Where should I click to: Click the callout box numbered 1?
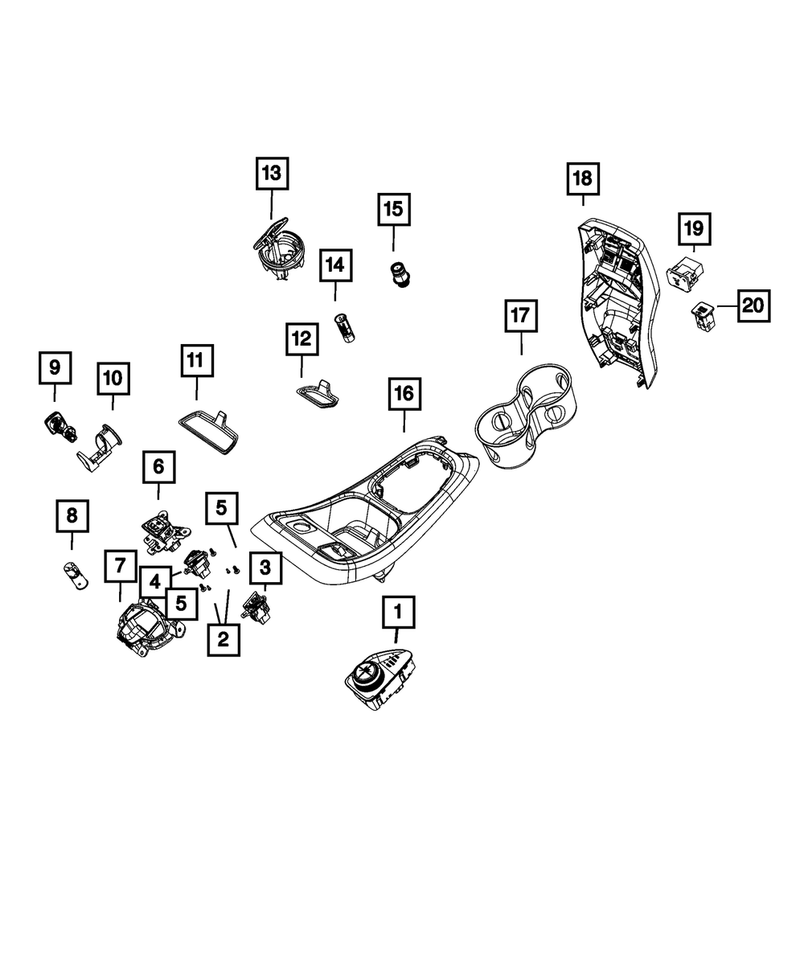pyautogui.click(x=397, y=613)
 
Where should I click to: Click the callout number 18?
pyautogui.click(x=582, y=178)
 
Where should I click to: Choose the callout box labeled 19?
pyautogui.click(x=693, y=229)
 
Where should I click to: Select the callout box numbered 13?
pyautogui.click(x=271, y=172)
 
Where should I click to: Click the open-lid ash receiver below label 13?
pyautogui.click(x=277, y=249)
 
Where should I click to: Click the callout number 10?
pyautogui.click(x=113, y=377)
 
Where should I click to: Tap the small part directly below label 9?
pyautogui.click(x=57, y=424)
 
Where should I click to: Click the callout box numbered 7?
pyautogui.click(x=121, y=566)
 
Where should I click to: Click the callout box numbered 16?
pyautogui.click(x=404, y=393)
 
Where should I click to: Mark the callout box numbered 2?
pyautogui.click(x=223, y=638)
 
